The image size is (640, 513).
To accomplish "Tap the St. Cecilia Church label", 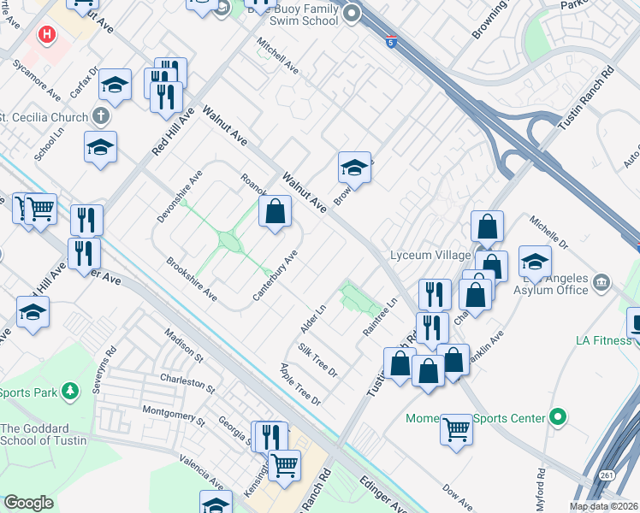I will pos(44,118).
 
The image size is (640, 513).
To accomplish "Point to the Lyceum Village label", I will pos(430,256).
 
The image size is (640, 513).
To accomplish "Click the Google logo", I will pos(28,503).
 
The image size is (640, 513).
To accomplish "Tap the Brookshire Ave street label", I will pos(191,278).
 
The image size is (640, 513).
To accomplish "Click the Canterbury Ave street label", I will pos(275,274).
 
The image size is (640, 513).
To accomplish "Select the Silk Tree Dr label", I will pos(317,360).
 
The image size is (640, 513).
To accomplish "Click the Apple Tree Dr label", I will pos(299,384).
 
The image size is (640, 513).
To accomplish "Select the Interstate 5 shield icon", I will pos(389,42).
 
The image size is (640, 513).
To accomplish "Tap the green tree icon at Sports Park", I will pos(72,391).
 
